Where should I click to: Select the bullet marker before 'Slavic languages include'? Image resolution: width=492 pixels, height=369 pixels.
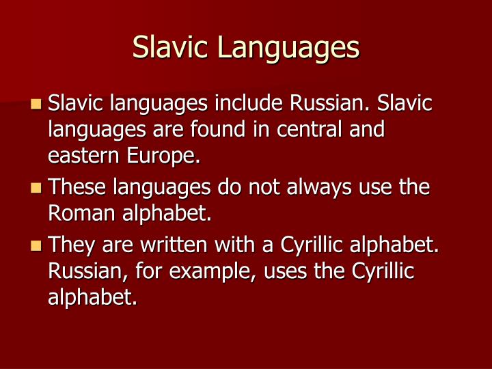click(x=36, y=105)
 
